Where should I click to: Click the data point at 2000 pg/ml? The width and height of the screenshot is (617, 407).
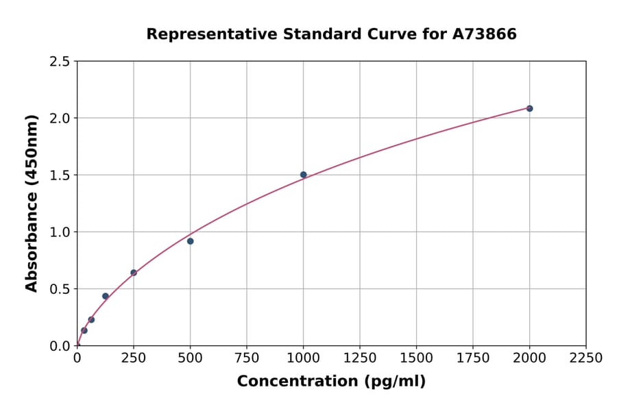click(529, 108)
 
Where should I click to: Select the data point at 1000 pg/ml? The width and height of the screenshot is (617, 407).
click(303, 175)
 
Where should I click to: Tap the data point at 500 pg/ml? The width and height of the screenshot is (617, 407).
click(190, 241)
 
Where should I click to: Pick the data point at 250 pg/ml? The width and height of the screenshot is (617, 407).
click(134, 273)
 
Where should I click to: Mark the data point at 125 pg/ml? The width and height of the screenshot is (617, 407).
click(106, 296)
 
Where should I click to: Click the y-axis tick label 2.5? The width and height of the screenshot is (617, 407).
click(60, 62)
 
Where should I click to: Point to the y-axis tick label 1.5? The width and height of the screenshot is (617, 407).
click(60, 175)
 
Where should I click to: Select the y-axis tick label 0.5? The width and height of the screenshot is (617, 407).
click(60, 289)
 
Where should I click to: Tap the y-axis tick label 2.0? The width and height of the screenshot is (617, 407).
click(60, 119)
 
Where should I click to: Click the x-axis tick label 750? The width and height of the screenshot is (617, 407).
click(247, 358)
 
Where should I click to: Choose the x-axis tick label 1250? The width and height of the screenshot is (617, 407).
click(360, 358)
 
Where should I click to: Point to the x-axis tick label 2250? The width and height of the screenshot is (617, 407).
click(586, 358)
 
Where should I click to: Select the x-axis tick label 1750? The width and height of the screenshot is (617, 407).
click(473, 358)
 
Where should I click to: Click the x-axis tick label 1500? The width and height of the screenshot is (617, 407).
click(416, 358)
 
